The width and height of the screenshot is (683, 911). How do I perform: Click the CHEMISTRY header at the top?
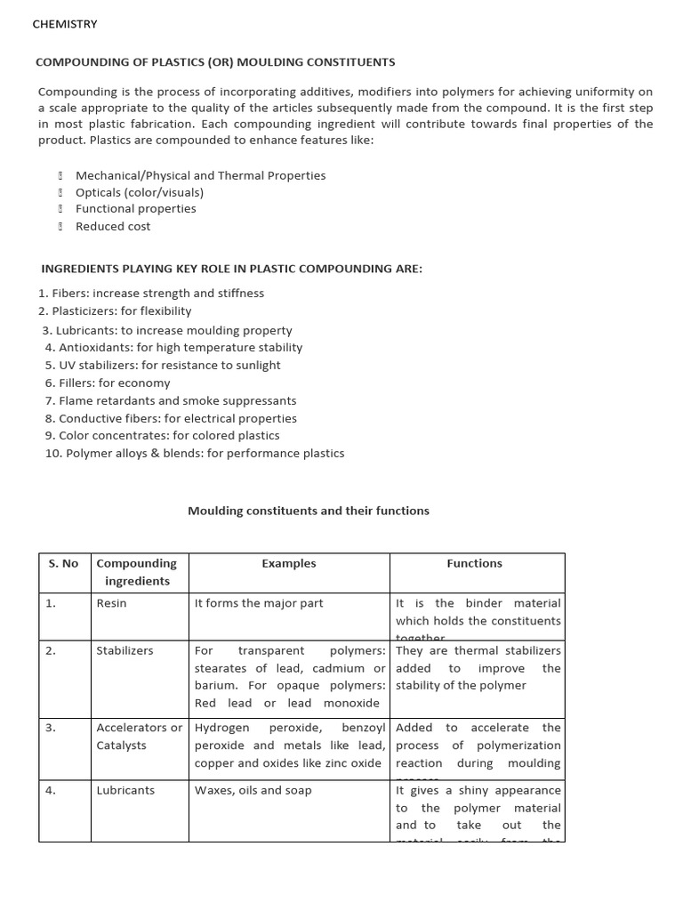pyautogui.click(x=65, y=24)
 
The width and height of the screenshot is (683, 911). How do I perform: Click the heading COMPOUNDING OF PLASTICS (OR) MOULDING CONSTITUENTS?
pyautogui.click(x=214, y=62)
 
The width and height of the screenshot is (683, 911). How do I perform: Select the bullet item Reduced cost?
pyautogui.click(x=113, y=226)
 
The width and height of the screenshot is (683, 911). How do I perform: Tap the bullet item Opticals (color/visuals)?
pyautogui.click(x=140, y=192)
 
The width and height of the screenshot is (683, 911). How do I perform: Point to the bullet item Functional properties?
pyautogui.click(x=136, y=209)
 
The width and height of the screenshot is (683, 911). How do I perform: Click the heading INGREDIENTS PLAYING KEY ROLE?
pyautogui.click(x=232, y=269)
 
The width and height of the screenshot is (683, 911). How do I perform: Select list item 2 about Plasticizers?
pyautogui.click(x=115, y=311)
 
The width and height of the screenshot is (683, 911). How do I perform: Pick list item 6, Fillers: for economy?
pyautogui.click(x=108, y=383)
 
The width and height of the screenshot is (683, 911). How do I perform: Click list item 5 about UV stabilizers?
pyautogui.click(x=163, y=365)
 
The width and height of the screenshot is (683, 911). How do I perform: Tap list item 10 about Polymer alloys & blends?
pyautogui.click(x=195, y=453)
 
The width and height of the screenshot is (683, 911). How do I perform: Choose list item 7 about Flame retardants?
pyautogui.click(x=171, y=400)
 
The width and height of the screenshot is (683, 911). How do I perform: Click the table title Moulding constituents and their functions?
pyautogui.click(x=309, y=511)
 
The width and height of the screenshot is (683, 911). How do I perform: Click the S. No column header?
pyautogui.click(x=62, y=563)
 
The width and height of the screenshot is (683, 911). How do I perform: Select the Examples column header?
pyautogui.click(x=289, y=563)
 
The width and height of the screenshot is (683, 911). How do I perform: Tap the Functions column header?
pyautogui.click(x=474, y=563)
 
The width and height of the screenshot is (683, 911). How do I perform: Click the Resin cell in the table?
pyautogui.click(x=112, y=603)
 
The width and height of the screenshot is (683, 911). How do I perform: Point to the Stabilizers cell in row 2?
pyautogui.click(x=125, y=650)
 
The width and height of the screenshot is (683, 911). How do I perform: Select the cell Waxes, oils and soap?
pyautogui.click(x=253, y=790)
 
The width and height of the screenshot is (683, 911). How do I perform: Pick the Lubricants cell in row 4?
pyautogui.click(x=125, y=790)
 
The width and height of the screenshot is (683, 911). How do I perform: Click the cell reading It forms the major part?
pyautogui.click(x=259, y=603)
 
